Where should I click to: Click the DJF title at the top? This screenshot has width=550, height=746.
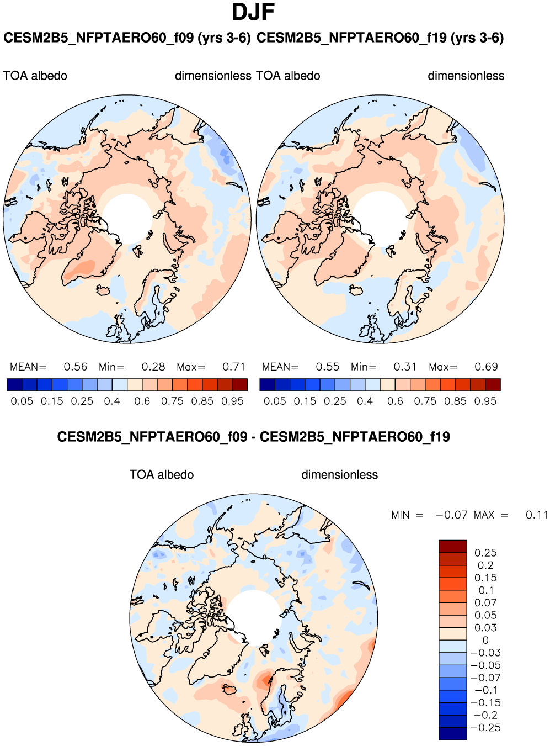click(253, 12)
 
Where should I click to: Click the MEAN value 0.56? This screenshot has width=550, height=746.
click(75, 367)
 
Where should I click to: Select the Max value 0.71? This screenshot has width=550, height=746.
click(233, 367)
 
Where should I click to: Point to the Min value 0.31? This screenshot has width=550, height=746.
click(405, 367)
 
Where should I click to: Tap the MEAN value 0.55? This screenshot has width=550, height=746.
click(328, 367)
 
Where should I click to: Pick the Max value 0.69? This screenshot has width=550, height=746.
click(486, 367)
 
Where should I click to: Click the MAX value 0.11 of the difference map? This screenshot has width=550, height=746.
click(537, 515)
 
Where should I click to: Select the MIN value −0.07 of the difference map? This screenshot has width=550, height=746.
click(451, 515)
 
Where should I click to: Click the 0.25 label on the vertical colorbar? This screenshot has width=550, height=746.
click(485, 553)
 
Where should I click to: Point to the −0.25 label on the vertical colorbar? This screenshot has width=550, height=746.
click(485, 727)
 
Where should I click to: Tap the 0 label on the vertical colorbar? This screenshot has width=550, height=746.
click(485, 640)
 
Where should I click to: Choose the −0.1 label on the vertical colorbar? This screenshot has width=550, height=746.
click(485, 690)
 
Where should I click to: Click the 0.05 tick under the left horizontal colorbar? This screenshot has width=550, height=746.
click(22, 401)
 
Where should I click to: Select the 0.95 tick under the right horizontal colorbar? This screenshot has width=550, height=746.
click(485, 401)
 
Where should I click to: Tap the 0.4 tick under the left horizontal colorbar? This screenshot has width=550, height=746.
click(112, 401)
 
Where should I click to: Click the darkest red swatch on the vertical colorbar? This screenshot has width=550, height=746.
click(453, 546)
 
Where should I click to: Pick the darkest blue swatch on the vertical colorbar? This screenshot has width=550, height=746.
click(453, 733)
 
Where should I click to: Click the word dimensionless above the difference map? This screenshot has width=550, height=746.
click(339, 475)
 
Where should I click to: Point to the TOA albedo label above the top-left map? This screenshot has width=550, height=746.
click(35, 76)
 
